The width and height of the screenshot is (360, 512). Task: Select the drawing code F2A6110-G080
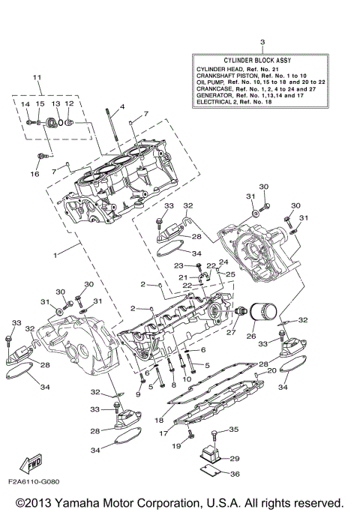34,481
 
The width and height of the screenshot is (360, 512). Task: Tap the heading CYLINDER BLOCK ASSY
262,59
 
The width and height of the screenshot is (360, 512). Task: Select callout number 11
36,79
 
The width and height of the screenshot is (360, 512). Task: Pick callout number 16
34,174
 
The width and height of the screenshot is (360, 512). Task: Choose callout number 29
233,458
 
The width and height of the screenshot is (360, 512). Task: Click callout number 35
233,430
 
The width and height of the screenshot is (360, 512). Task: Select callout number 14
25,104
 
